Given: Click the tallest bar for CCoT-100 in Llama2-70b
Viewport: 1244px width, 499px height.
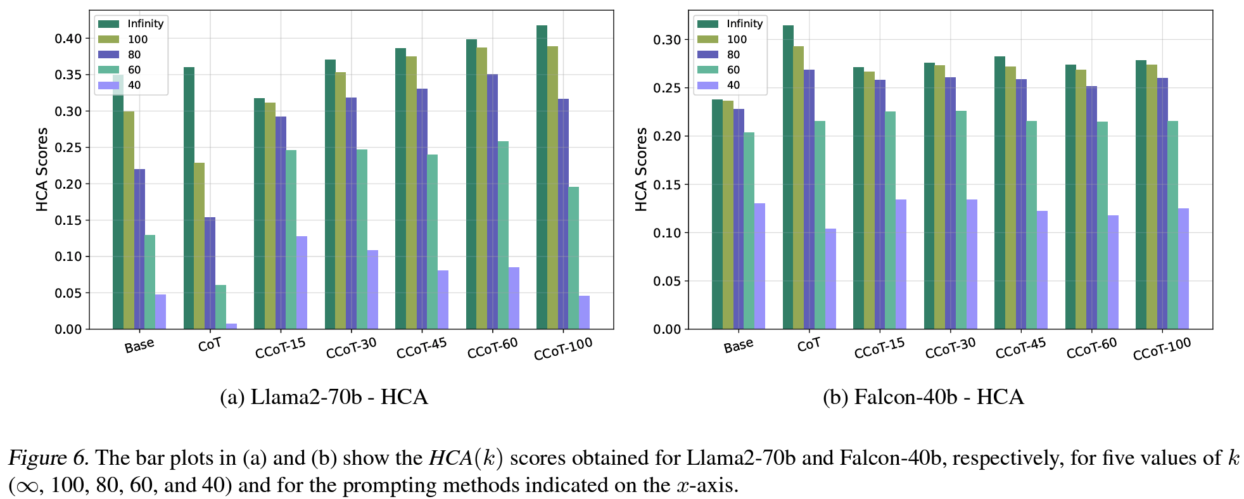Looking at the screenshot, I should pos(542,177).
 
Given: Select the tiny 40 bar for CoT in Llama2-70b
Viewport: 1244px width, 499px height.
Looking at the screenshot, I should pos(231,326).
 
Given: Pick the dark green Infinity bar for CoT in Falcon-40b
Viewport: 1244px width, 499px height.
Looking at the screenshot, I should pos(788,177).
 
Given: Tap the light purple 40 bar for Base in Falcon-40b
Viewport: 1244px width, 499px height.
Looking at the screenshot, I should pos(759,266).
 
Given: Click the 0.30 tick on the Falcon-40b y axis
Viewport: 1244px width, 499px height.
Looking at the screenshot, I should pos(667,40).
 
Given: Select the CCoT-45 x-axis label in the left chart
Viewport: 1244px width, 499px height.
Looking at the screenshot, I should pos(422,348).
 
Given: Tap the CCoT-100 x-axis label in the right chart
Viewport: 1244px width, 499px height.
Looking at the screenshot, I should pos(1162,349).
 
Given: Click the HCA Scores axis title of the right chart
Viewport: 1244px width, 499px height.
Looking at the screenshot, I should pos(641,169).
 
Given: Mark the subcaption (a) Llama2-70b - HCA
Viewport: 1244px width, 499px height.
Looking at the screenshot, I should pos(324,397).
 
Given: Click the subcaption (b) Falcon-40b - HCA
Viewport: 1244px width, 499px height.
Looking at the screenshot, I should pos(923,397).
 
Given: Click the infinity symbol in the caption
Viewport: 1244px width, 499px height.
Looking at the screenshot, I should pos(26,486).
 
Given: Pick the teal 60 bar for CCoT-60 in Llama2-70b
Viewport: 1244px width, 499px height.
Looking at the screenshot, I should pos(503,235).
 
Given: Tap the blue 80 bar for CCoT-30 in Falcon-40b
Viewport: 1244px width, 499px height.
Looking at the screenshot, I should pos(950,203).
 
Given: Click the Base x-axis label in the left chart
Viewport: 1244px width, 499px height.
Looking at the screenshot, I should pos(139,346).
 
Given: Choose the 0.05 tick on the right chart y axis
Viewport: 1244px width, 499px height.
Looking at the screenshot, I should pos(667,281).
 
